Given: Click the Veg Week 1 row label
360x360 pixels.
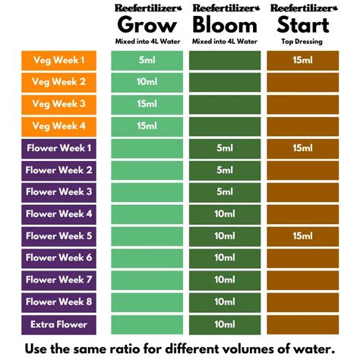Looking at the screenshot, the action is (x=58, y=61).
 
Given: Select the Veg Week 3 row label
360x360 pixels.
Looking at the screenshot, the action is (x=58, y=104).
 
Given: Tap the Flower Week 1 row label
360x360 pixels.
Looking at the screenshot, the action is (x=58, y=149).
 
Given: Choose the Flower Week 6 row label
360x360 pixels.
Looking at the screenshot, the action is (x=58, y=258).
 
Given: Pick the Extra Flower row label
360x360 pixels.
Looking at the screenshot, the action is (x=58, y=325).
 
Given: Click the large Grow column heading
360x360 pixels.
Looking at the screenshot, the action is (x=147, y=26).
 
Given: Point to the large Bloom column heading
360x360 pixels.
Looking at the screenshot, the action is (x=225, y=25).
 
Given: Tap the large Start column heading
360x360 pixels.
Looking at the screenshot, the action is (x=303, y=25).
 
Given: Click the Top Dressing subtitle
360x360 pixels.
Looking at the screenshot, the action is (x=302, y=42).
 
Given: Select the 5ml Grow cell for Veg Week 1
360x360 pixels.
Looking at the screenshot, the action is (x=147, y=61).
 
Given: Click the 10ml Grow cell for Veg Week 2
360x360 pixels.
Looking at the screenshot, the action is (x=147, y=82).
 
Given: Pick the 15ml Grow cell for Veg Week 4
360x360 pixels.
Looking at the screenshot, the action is (x=147, y=127).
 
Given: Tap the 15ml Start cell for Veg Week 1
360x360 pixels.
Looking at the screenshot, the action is (x=303, y=61).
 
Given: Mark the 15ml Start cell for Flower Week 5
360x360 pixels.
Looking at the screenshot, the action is (x=303, y=236).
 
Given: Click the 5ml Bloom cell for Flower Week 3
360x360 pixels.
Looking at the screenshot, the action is (x=225, y=192).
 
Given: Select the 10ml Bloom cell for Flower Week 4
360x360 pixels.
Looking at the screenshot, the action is (x=225, y=214).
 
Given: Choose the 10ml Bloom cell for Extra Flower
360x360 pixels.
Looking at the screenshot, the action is (x=225, y=325).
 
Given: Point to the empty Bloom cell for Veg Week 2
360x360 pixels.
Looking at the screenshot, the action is (x=225, y=82).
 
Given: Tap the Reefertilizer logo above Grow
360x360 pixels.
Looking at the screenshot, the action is (x=148, y=8).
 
